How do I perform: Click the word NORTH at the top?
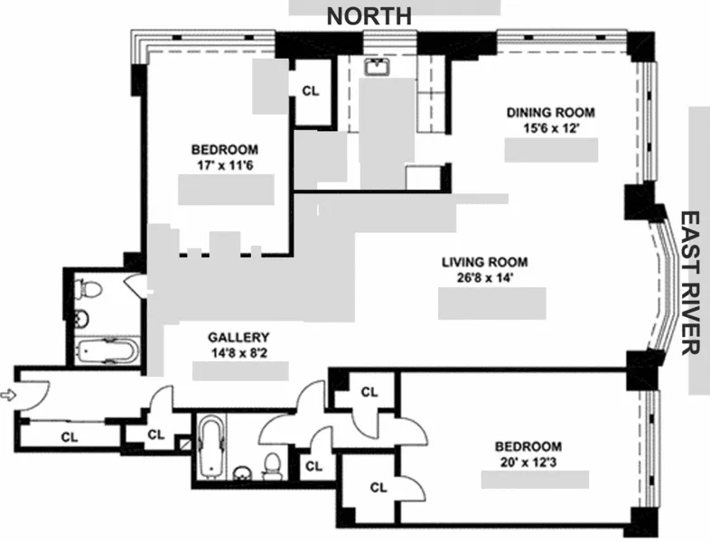[x=369, y=15]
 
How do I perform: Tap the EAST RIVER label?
[x=692, y=283]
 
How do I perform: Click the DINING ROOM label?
[x=550, y=112]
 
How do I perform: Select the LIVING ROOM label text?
[x=483, y=263]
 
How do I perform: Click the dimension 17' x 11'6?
[x=225, y=165]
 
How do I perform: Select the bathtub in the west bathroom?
[x=105, y=350]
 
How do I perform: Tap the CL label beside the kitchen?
[x=310, y=91]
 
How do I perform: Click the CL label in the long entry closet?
[x=69, y=436]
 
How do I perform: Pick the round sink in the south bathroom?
[x=241, y=473]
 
